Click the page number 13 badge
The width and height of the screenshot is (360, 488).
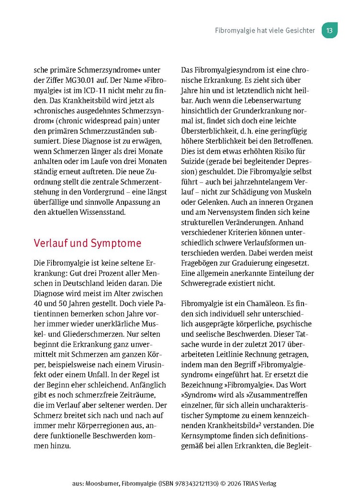tap(329, 30)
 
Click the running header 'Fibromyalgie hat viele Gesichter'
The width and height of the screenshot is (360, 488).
tap(265, 30)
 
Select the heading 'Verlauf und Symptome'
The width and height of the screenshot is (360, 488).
tap(88, 243)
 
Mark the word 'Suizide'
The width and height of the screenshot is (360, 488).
tap(196, 161)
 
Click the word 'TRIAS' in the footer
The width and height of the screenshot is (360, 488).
tap(255, 483)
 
